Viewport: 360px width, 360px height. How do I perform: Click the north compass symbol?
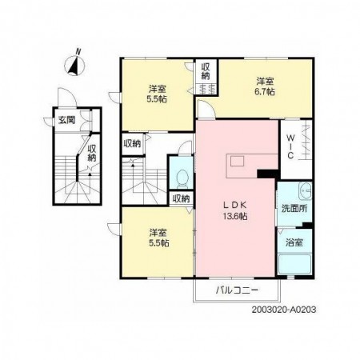pyautogui.click(x=74, y=64)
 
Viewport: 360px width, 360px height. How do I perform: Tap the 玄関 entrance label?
pyautogui.click(x=66, y=120)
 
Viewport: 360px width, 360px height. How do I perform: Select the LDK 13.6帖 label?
pyautogui.click(x=235, y=210)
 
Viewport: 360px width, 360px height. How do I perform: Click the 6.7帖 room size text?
pyautogui.click(x=265, y=92)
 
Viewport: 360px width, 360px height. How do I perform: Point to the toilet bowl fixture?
pyautogui.click(x=182, y=178)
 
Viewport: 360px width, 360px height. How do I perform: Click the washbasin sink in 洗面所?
pyautogui.click(x=305, y=191)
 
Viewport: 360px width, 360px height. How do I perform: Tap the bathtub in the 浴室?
pyautogui.click(x=294, y=264)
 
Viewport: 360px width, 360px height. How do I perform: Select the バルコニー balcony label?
pyautogui.click(x=237, y=290)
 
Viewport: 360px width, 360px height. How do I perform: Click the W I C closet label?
pyautogui.click(x=290, y=146)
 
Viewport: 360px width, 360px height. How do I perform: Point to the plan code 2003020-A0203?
pyautogui.click(x=284, y=310)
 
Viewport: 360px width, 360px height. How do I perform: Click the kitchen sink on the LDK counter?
pyautogui.click(x=237, y=162)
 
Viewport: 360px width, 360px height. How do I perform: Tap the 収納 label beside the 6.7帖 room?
pyautogui.click(x=206, y=71)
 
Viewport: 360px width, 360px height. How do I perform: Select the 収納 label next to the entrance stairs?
pyautogui.click(x=92, y=153)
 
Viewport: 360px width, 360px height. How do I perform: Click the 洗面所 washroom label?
pyautogui.click(x=294, y=208)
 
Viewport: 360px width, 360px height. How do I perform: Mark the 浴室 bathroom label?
pyautogui.click(x=294, y=242)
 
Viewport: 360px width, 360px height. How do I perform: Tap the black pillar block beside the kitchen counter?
pyautogui.click(x=267, y=174)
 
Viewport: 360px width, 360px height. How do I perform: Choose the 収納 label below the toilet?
pyautogui.click(x=181, y=198)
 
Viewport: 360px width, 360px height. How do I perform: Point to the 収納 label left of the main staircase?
pyautogui.click(x=132, y=144)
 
